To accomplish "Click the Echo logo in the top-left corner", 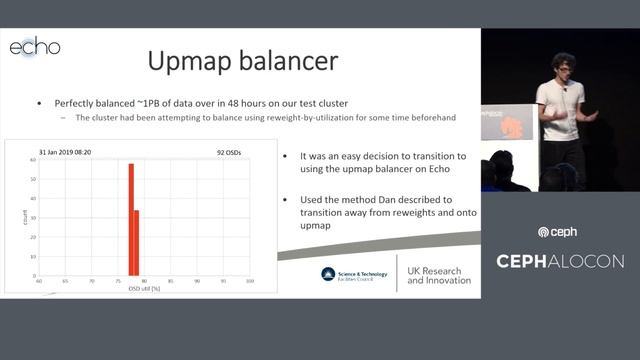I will coord(35,47).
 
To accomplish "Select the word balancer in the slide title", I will coord(290,61).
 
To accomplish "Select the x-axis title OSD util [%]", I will coord(146,289).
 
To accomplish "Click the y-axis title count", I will coord(11,214).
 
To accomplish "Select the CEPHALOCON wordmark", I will coord(560,261).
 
